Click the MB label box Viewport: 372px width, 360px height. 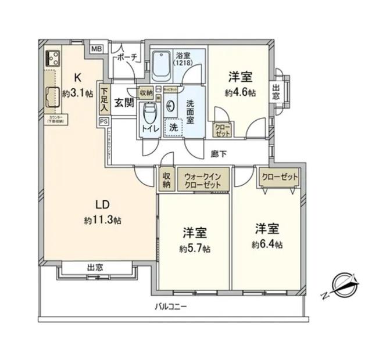point(96,49)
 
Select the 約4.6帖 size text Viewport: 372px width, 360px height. point(240,92)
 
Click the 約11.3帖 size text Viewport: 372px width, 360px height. point(102,221)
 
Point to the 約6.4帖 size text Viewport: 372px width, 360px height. point(267,244)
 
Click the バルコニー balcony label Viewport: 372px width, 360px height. point(170,305)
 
